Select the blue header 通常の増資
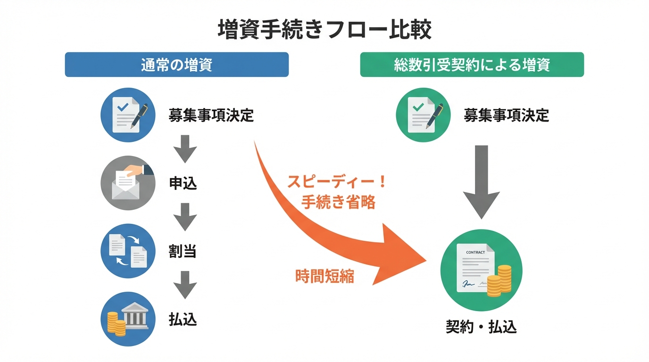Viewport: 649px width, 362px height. coord(176,65)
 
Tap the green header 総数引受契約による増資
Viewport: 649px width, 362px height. coord(472,65)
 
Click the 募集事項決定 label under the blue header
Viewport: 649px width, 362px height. coord(211,115)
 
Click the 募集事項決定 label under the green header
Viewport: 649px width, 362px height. coord(507,115)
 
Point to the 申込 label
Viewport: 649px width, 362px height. coord(183,183)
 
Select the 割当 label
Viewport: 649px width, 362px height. coord(183,251)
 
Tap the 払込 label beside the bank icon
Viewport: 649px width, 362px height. coord(183,320)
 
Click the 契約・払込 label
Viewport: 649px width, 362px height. coord(481,327)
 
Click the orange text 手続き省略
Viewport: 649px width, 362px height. coord(338,202)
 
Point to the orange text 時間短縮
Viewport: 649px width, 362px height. coord(324,276)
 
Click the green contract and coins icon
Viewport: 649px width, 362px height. coord(481,270)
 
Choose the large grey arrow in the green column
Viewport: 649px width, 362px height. coord(481,181)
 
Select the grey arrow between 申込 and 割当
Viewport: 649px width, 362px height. coord(185,216)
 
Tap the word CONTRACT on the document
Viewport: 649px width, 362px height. coord(475,253)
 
